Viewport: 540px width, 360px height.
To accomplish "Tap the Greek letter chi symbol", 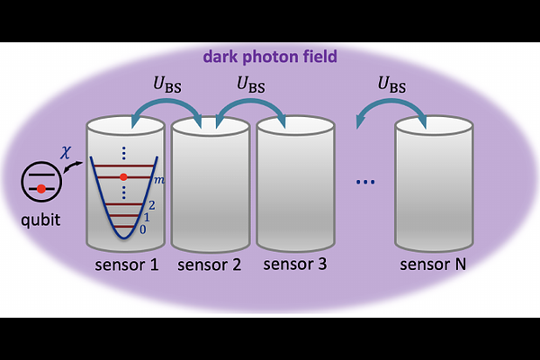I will click(64, 153).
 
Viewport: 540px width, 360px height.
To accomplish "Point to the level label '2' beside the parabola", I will click(151, 205).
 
